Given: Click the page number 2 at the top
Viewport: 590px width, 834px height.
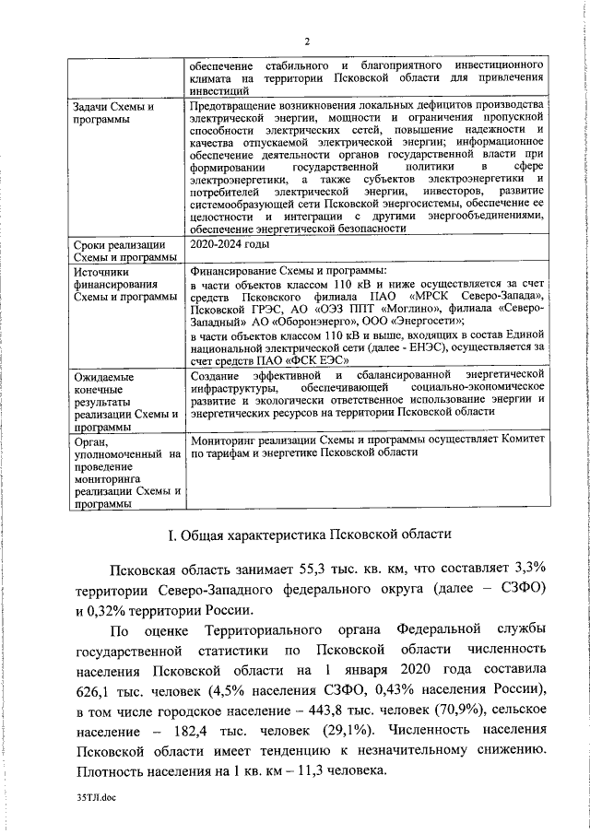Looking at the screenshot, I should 308,41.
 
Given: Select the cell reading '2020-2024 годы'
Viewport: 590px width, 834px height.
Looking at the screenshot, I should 230,244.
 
